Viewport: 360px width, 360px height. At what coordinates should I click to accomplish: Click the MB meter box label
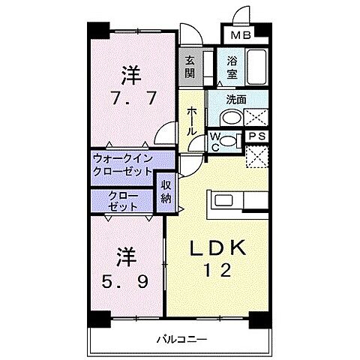pyautogui.click(x=240, y=34)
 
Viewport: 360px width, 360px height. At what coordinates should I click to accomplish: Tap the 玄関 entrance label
pyautogui.click(x=190, y=66)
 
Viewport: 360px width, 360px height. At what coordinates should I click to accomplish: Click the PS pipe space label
pyautogui.click(x=257, y=136)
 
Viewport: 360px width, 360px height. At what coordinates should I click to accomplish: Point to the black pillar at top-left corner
pyautogui.click(x=94, y=30)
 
